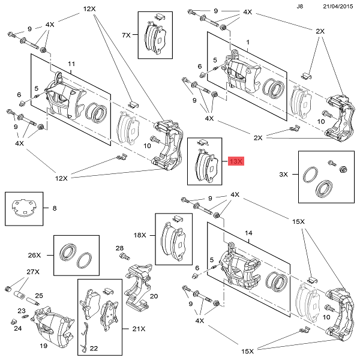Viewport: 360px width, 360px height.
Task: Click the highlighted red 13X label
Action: [235, 161]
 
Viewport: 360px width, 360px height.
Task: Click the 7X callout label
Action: [127, 35]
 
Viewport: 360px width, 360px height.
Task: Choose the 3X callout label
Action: [284, 174]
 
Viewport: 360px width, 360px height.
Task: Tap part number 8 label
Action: [55, 209]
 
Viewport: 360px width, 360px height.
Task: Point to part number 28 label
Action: [119, 248]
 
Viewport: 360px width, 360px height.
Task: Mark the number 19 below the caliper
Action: [43, 346]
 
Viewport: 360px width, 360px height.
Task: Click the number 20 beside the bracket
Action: [154, 296]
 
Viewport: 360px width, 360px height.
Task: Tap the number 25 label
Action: [38, 296]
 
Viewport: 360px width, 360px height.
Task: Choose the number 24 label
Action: [17, 329]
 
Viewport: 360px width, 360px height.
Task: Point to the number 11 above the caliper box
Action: [71, 64]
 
